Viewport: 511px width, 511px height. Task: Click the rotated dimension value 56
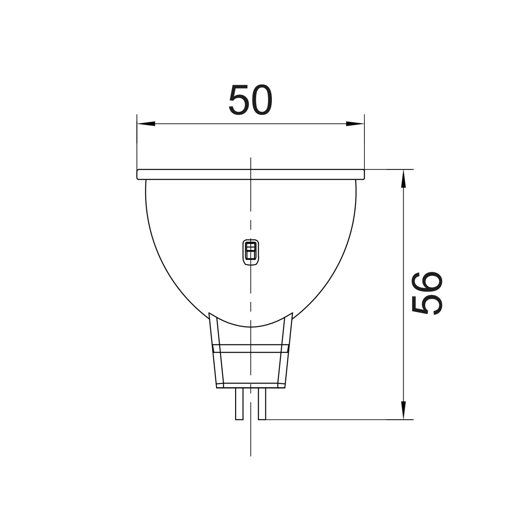tap(427, 293)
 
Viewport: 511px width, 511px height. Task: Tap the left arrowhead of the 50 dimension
tap(146, 124)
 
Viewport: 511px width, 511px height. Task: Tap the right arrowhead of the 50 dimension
tap(355, 124)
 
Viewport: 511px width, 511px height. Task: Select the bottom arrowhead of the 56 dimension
tap(403, 410)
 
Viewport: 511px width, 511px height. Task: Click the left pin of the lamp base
tap(239, 404)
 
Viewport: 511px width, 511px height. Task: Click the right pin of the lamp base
tap(262, 404)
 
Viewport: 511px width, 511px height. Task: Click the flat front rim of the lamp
tap(250, 174)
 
